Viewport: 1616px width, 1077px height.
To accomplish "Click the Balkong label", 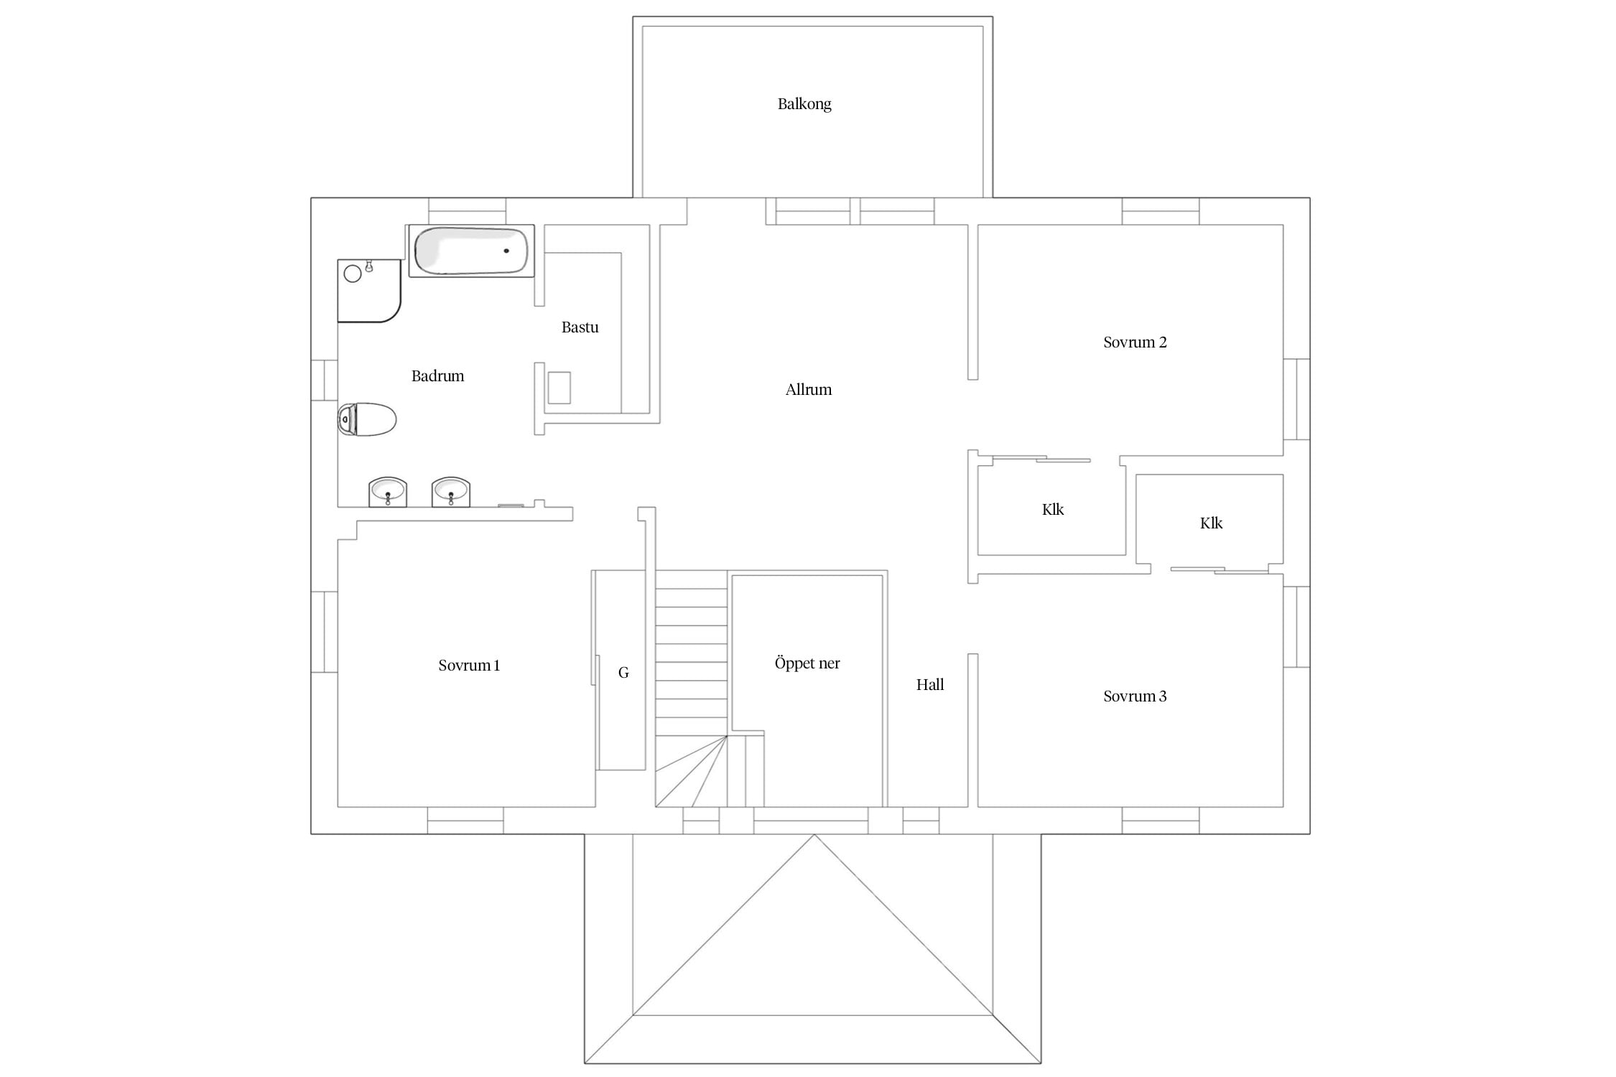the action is point(804,104).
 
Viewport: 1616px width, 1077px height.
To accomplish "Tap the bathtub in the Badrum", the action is point(471,251).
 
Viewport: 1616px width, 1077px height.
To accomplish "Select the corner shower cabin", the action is point(369,291).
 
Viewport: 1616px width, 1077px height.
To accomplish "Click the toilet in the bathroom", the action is point(367,419).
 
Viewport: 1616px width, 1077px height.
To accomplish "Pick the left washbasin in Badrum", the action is point(388,493).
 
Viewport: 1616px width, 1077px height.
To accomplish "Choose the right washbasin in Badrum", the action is point(451,493).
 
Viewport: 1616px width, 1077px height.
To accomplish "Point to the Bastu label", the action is point(580,327).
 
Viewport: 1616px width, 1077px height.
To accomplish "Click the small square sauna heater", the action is point(559,388).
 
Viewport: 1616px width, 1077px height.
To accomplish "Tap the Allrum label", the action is point(809,390).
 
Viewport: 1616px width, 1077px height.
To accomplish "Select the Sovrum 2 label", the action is point(1135,342).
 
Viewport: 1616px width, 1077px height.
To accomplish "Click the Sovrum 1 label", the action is point(469,666).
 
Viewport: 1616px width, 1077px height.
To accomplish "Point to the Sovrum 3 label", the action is point(1135,696).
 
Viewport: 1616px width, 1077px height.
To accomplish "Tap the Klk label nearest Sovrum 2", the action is point(1053,510).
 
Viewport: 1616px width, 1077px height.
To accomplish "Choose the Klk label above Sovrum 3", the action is point(1211,523).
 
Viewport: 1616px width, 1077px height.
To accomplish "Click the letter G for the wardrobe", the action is point(623,673).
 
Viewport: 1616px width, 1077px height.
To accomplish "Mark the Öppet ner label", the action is point(807,663).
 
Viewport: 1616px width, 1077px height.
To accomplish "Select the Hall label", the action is point(930,685).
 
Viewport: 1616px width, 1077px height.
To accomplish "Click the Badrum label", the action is point(437,376).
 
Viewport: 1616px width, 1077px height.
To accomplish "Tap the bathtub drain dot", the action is point(506,251).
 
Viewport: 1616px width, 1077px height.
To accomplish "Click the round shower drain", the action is point(353,274).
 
